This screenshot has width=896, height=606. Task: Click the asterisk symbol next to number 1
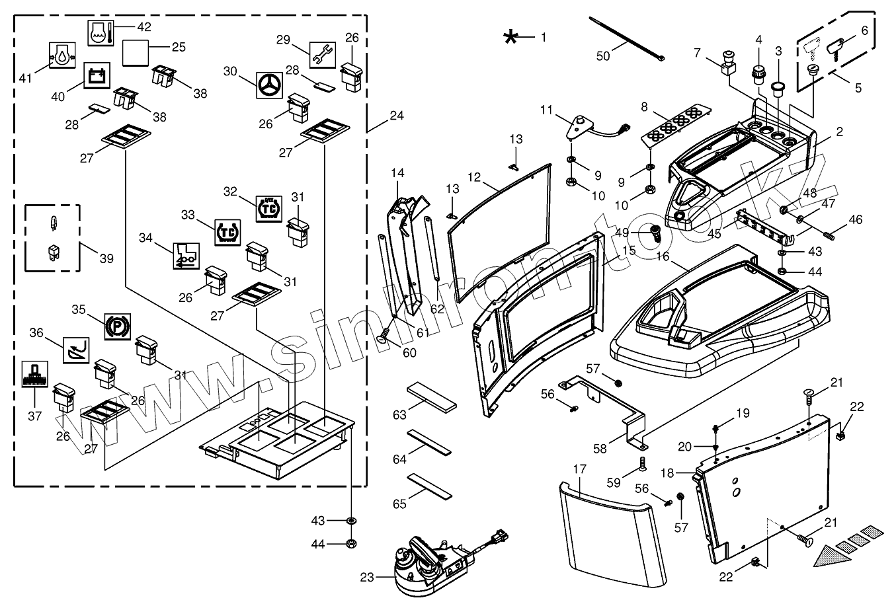point(510,37)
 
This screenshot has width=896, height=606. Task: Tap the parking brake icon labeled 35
point(118,327)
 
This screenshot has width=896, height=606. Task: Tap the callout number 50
point(603,56)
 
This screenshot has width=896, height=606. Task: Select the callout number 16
point(663,256)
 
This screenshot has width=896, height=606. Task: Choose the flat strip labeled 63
point(432,397)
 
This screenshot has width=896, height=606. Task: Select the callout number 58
point(600,449)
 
